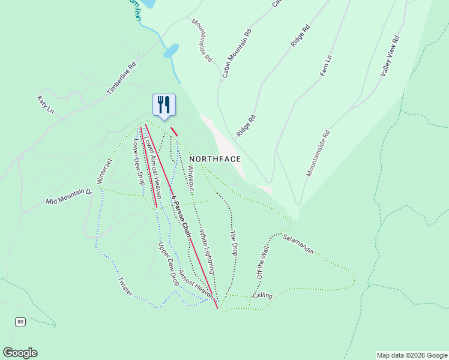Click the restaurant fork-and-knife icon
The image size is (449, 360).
pos(164,105)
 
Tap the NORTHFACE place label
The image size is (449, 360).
pos(215,159)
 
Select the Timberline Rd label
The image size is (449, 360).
pos(122,78)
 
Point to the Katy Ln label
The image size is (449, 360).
pos(46,104)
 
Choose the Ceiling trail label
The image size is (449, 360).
pos(262,296)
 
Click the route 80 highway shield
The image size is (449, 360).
pos(21,322)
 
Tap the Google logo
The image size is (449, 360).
pos(20,353)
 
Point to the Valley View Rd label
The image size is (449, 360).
pos(390,55)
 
